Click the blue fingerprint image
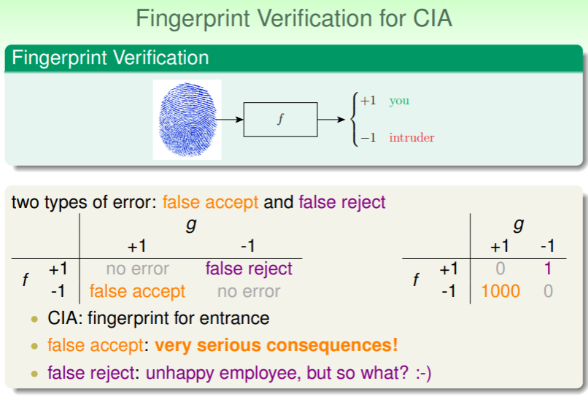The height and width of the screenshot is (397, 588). [x=187, y=120]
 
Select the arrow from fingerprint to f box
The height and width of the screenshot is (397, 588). [x=230, y=120]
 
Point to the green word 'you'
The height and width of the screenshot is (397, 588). [x=399, y=101]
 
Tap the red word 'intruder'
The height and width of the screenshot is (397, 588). [x=411, y=137]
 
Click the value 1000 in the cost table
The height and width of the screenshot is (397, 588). [x=500, y=291]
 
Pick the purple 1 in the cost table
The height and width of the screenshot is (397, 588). [x=547, y=269]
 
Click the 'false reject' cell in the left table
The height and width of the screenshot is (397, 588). [x=249, y=269]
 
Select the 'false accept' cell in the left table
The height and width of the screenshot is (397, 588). [x=137, y=291]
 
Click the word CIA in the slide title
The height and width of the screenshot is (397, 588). [x=433, y=18]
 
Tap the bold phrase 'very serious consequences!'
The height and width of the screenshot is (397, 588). [x=276, y=345]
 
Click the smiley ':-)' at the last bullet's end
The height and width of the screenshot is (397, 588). [x=423, y=373]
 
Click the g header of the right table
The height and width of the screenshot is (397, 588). [x=519, y=224]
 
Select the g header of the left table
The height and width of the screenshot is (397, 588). [x=191, y=224]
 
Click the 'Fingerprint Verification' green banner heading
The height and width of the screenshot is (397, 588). [x=110, y=58]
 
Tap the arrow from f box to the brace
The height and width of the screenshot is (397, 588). [x=331, y=120]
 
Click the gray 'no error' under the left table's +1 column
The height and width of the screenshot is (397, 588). [x=138, y=269]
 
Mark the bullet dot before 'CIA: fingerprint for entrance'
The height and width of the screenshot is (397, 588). [x=34, y=320]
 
